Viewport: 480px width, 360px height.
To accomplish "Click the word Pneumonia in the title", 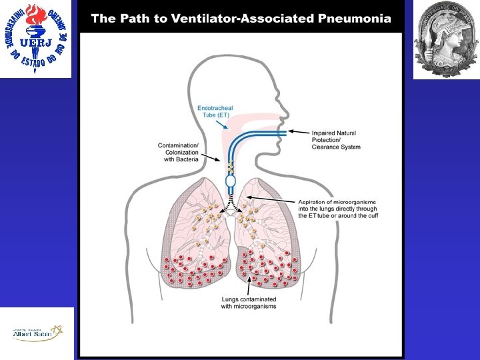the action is (x=355, y=19).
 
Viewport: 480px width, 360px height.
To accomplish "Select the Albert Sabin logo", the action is (x=36, y=333).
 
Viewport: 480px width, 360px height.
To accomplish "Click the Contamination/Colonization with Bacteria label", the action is (x=178, y=152).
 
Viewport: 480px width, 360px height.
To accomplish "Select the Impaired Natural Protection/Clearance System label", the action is (x=336, y=140).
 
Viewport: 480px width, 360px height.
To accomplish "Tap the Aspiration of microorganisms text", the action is (x=336, y=201).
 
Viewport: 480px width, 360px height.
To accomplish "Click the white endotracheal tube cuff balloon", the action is (x=231, y=180).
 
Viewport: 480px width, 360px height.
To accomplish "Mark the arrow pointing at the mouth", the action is (x=297, y=134).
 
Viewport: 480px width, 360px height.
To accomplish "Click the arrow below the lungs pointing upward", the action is (x=249, y=285).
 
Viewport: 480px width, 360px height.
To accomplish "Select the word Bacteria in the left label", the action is (x=188, y=160).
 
